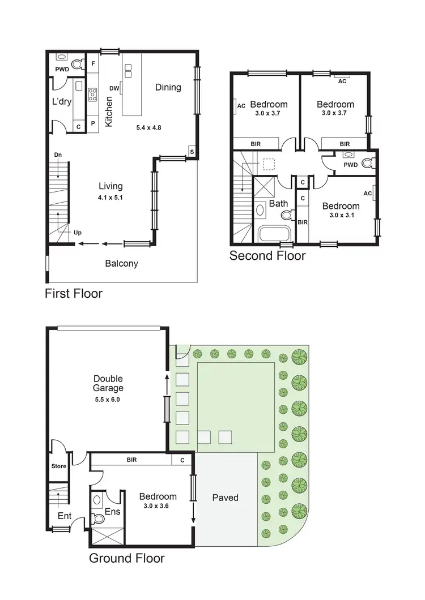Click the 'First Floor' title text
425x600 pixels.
click(x=74, y=294)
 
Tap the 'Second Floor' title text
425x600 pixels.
click(x=267, y=256)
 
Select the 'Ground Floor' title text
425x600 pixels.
click(x=127, y=559)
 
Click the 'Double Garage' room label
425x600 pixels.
click(x=108, y=384)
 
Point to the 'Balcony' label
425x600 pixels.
click(x=121, y=263)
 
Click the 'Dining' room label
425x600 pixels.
click(x=168, y=87)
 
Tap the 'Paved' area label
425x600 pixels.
click(x=225, y=498)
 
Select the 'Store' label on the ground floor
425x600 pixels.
click(x=58, y=466)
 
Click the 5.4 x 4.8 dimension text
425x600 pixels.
click(x=148, y=128)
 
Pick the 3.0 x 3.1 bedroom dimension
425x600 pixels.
click(x=341, y=216)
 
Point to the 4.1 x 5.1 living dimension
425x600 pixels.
click(x=110, y=198)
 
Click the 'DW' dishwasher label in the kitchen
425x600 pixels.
click(x=113, y=88)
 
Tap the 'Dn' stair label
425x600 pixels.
click(x=58, y=155)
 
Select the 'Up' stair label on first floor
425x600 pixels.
click(x=77, y=232)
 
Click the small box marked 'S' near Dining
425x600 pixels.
click(x=192, y=152)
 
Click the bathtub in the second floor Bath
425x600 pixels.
click(x=274, y=234)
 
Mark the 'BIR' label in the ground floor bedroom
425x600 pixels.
click(x=132, y=461)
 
